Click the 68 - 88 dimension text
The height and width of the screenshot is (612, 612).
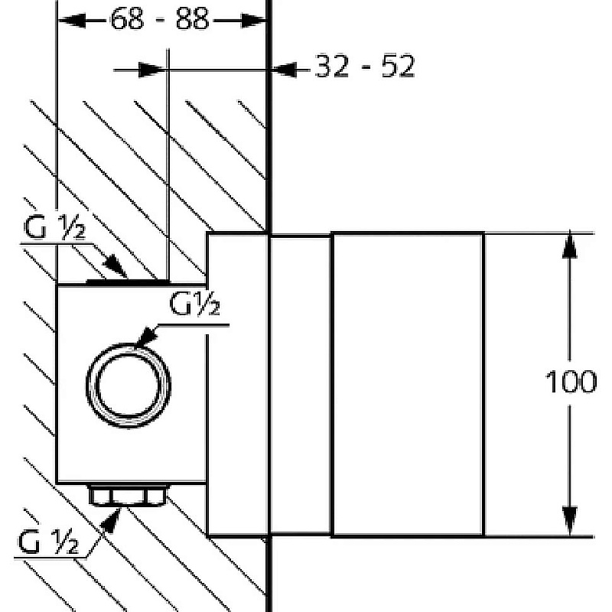tap(160, 18)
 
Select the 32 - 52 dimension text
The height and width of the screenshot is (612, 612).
tap(365, 66)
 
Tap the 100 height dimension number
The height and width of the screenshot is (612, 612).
tap(571, 382)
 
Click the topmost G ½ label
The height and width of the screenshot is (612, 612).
tap(54, 227)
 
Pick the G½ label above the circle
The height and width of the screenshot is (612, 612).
tap(195, 303)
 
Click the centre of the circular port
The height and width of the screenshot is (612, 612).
tap(128, 386)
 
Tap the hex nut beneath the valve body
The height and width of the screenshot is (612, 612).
tap(128, 495)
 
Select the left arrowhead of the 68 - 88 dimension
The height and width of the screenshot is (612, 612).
tap(72, 21)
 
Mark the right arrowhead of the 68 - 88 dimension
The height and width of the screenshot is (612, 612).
tap(253, 21)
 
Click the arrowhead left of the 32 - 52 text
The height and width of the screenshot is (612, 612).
tap(284, 70)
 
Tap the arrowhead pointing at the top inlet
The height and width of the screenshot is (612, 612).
tap(116, 266)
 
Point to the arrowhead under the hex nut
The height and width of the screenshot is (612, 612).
tap(111, 521)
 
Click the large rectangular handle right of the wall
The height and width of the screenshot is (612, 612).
tap(408, 385)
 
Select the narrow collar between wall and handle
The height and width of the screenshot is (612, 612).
tap(301, 385)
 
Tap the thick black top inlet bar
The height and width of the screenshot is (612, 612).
tap(128, 282)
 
